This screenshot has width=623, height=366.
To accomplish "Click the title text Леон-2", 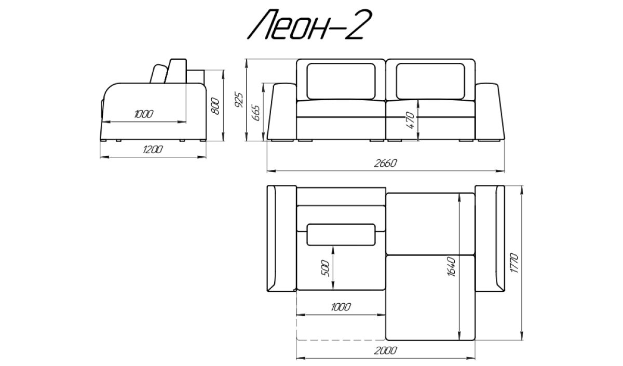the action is point(309,24).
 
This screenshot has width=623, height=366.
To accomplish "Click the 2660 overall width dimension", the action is point(385,163).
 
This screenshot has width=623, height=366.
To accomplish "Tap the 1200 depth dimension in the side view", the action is point(153,150).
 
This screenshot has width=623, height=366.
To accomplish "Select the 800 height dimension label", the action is point(215,106).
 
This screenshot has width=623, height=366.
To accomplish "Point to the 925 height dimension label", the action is point(239,100).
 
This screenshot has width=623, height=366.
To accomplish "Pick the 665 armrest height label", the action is point(255,113).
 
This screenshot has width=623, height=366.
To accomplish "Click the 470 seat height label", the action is point(410,120).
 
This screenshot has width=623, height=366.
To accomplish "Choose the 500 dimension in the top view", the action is point(325,268).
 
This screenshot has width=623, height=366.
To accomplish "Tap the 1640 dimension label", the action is point(451,267).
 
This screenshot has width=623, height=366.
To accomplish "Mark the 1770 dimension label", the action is point(514,263).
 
